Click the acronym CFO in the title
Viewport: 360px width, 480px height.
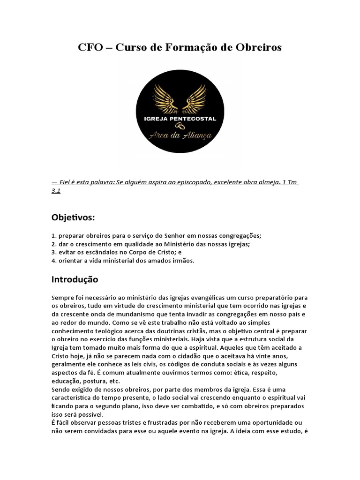coord(88,48)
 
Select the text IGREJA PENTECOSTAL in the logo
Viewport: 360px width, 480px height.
coord(180,119)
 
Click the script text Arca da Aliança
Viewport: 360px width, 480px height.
coord(180,136)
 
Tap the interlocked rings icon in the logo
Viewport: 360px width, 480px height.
coord(180,126)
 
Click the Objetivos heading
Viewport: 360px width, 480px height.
coord(73,217)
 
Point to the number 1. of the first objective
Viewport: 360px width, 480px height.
coord(54,236)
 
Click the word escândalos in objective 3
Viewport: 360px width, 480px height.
coord(98,252)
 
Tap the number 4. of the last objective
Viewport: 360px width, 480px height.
coord(54,261)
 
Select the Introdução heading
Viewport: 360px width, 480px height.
coord(75,280)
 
